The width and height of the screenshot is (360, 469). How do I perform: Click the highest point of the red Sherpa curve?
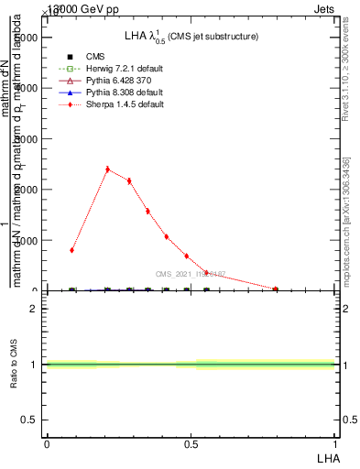[107, 169]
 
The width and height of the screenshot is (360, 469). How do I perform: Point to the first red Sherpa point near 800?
[71, 250]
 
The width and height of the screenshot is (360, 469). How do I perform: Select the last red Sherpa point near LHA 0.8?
[275, 289]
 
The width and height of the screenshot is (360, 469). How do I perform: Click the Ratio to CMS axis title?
[14, 365]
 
